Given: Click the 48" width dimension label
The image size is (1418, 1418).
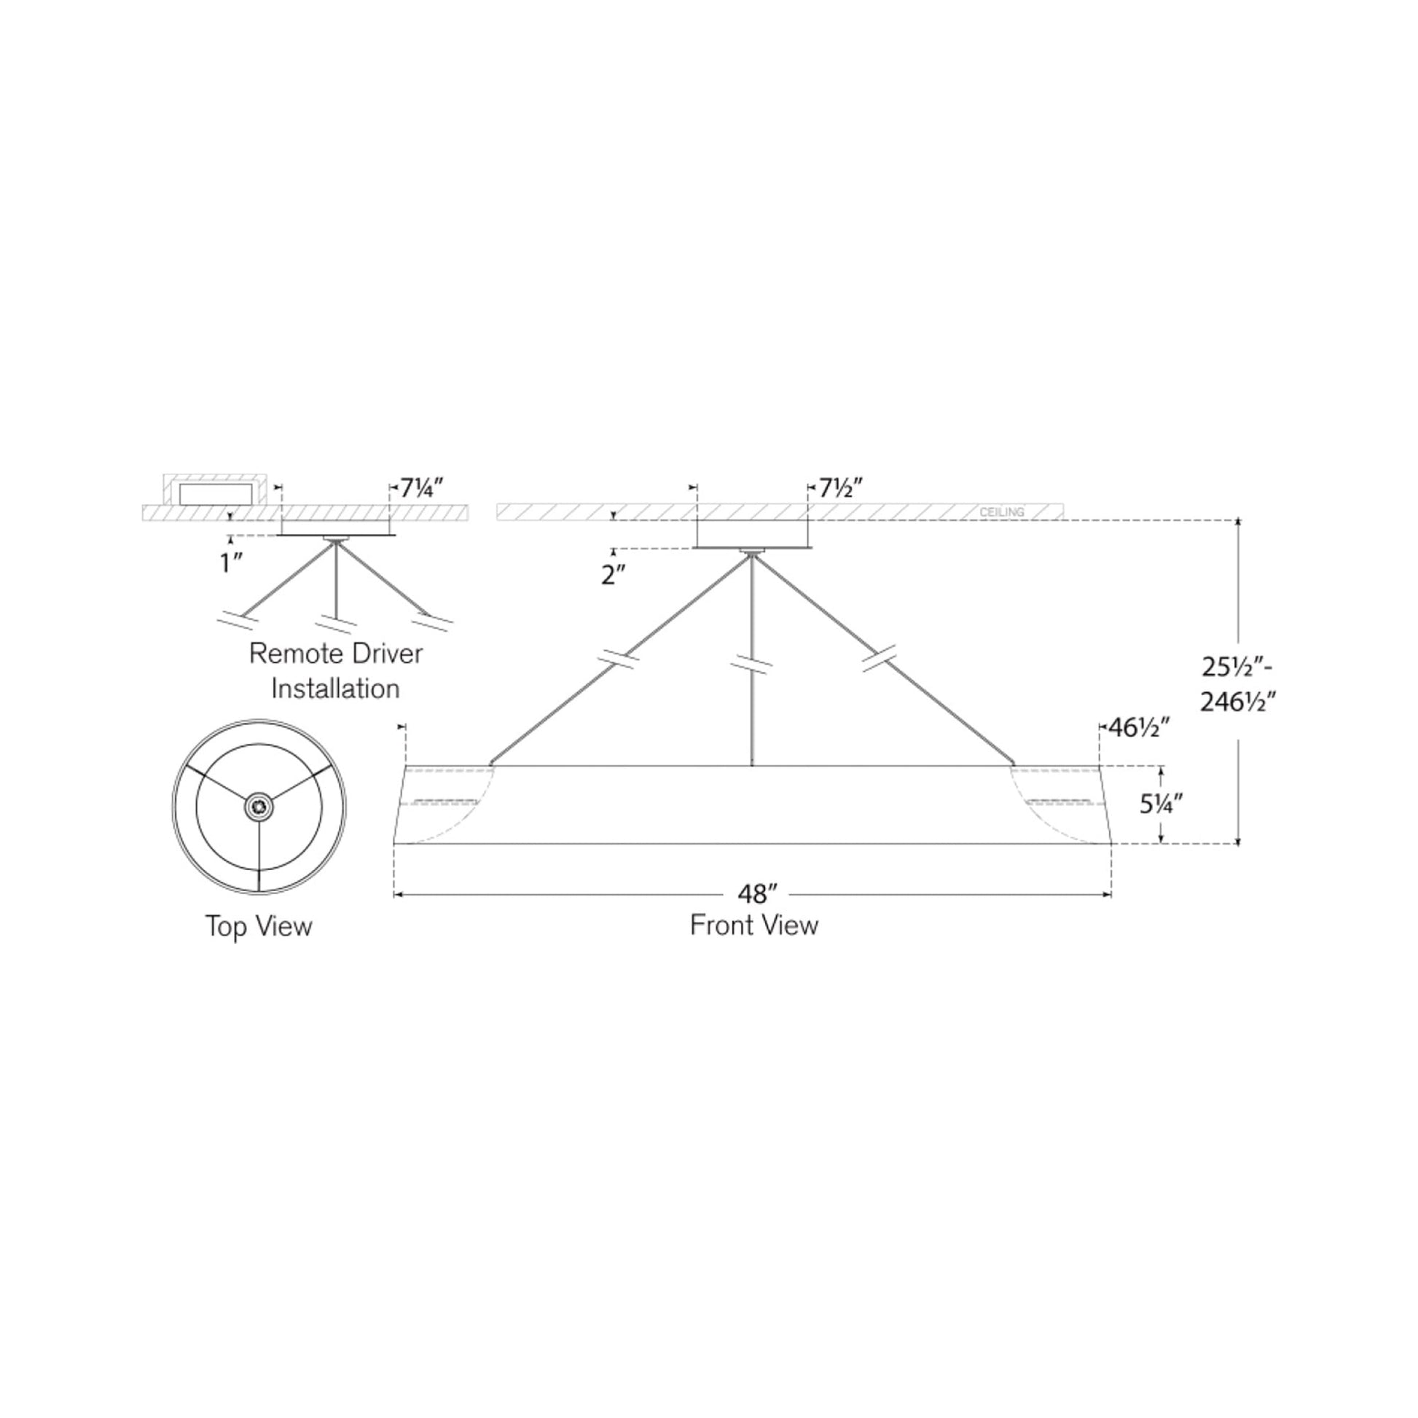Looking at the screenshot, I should click(x=756, y=894).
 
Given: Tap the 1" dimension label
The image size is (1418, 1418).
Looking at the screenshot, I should click(x=232, y=564).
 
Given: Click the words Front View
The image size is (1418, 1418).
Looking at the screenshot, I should click(x=753, y=925).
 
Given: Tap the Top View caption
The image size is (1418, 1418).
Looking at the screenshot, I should click(x=259, y=926).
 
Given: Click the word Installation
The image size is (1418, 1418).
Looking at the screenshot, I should click(x=335, y=689).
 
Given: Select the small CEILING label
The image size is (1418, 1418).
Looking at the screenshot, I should click(x=1002, y=512).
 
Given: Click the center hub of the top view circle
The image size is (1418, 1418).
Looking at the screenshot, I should click(x=259, y=807).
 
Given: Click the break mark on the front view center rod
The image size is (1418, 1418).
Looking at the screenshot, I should click(x=751, y=665).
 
